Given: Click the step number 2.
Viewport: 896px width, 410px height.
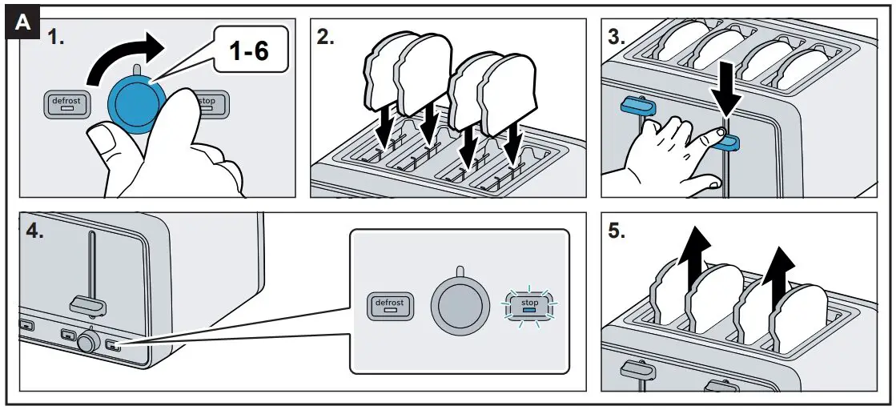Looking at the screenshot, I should [325, 37].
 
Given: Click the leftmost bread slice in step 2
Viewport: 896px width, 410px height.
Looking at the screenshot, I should [382, 76].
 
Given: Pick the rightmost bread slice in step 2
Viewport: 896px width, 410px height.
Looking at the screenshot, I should [506, 88].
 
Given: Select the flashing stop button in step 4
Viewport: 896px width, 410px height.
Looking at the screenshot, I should [529, 305].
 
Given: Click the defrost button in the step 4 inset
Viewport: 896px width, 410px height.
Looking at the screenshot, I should [389, 305].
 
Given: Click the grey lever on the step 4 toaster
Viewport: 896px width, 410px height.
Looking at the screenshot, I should [88, 303].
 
